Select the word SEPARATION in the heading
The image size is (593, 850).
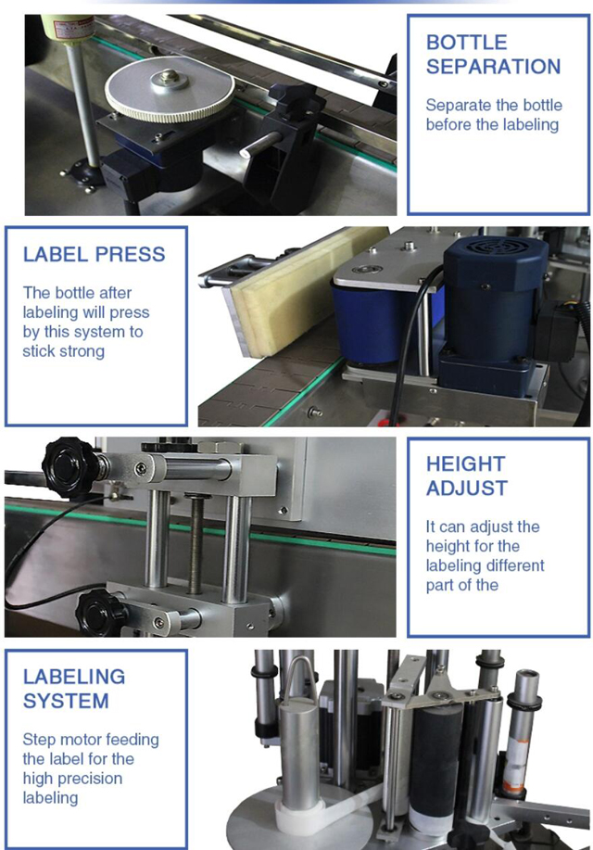tap(493, 67)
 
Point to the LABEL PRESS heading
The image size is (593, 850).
tap(94, 255)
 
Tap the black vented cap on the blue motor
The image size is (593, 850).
tap(494, 251)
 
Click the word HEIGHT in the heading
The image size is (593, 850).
tap(465, 463)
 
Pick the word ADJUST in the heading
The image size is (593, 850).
tap(467, 488)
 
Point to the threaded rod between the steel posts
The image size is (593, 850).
tap(196, 542)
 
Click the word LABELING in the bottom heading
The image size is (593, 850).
tap(74, 678)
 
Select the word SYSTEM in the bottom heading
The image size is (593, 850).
tap(66, 701)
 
